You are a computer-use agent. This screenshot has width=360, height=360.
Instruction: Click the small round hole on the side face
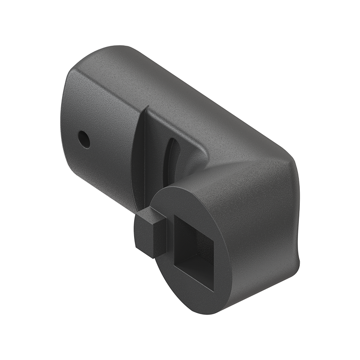click(x=84, y=139)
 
